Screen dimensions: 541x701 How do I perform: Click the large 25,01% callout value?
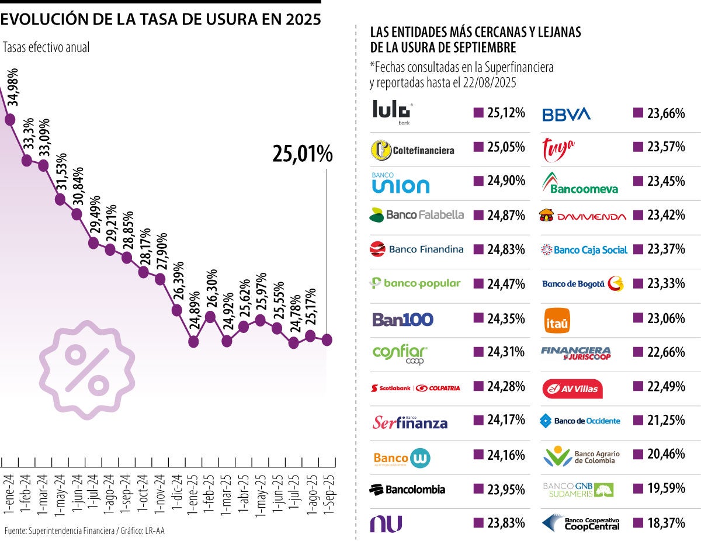302,154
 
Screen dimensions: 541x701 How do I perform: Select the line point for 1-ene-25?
193,341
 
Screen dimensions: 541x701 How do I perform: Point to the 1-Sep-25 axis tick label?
328,494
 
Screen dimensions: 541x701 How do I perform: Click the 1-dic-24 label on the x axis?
177,494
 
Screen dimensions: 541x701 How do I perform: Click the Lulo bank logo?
393,112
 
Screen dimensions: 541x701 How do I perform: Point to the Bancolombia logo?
407,489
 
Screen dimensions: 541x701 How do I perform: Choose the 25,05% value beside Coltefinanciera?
506,147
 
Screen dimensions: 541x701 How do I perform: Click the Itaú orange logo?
557,320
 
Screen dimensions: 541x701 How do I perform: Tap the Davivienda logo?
582,216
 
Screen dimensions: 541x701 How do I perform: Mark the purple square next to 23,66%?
638,113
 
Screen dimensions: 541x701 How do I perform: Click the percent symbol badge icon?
86,369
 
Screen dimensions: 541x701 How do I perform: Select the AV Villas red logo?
572,389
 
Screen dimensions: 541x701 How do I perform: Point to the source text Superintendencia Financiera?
70,530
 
